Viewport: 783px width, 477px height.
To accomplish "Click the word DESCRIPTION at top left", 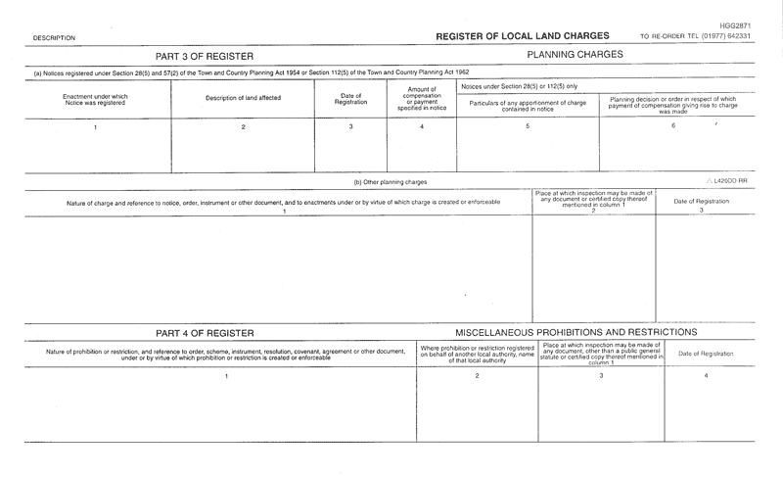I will click(54, 37).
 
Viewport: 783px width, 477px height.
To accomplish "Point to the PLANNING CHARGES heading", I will click(574, 54).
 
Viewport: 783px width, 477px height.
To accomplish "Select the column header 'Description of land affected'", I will click(243, 98).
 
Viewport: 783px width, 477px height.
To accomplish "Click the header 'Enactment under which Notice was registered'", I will click(96, 99).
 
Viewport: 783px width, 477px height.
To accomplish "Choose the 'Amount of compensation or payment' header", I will click(422, 98).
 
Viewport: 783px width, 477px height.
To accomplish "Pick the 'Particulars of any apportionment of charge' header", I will click(529, 105).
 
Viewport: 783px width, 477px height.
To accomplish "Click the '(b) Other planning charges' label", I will click(390, 182).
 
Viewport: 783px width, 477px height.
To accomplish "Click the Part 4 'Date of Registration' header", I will click(706, 353).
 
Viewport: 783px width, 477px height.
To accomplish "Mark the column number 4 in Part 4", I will click(706, 376).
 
